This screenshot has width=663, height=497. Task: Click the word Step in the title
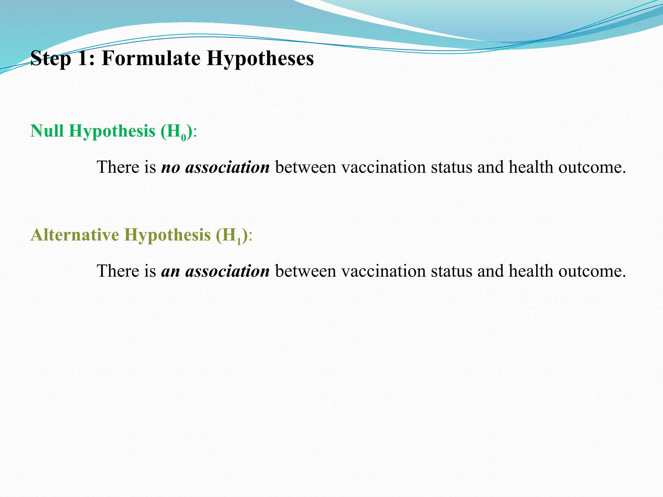point(51,59)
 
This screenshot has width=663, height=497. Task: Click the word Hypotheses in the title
point(260,59)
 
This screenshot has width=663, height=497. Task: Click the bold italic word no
point(170,168)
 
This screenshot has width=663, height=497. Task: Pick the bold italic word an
point(170,271)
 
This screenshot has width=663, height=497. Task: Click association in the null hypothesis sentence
point(227,167)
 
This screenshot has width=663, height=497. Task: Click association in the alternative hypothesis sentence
point(227,271)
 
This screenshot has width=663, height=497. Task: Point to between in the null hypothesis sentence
point(306,167)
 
